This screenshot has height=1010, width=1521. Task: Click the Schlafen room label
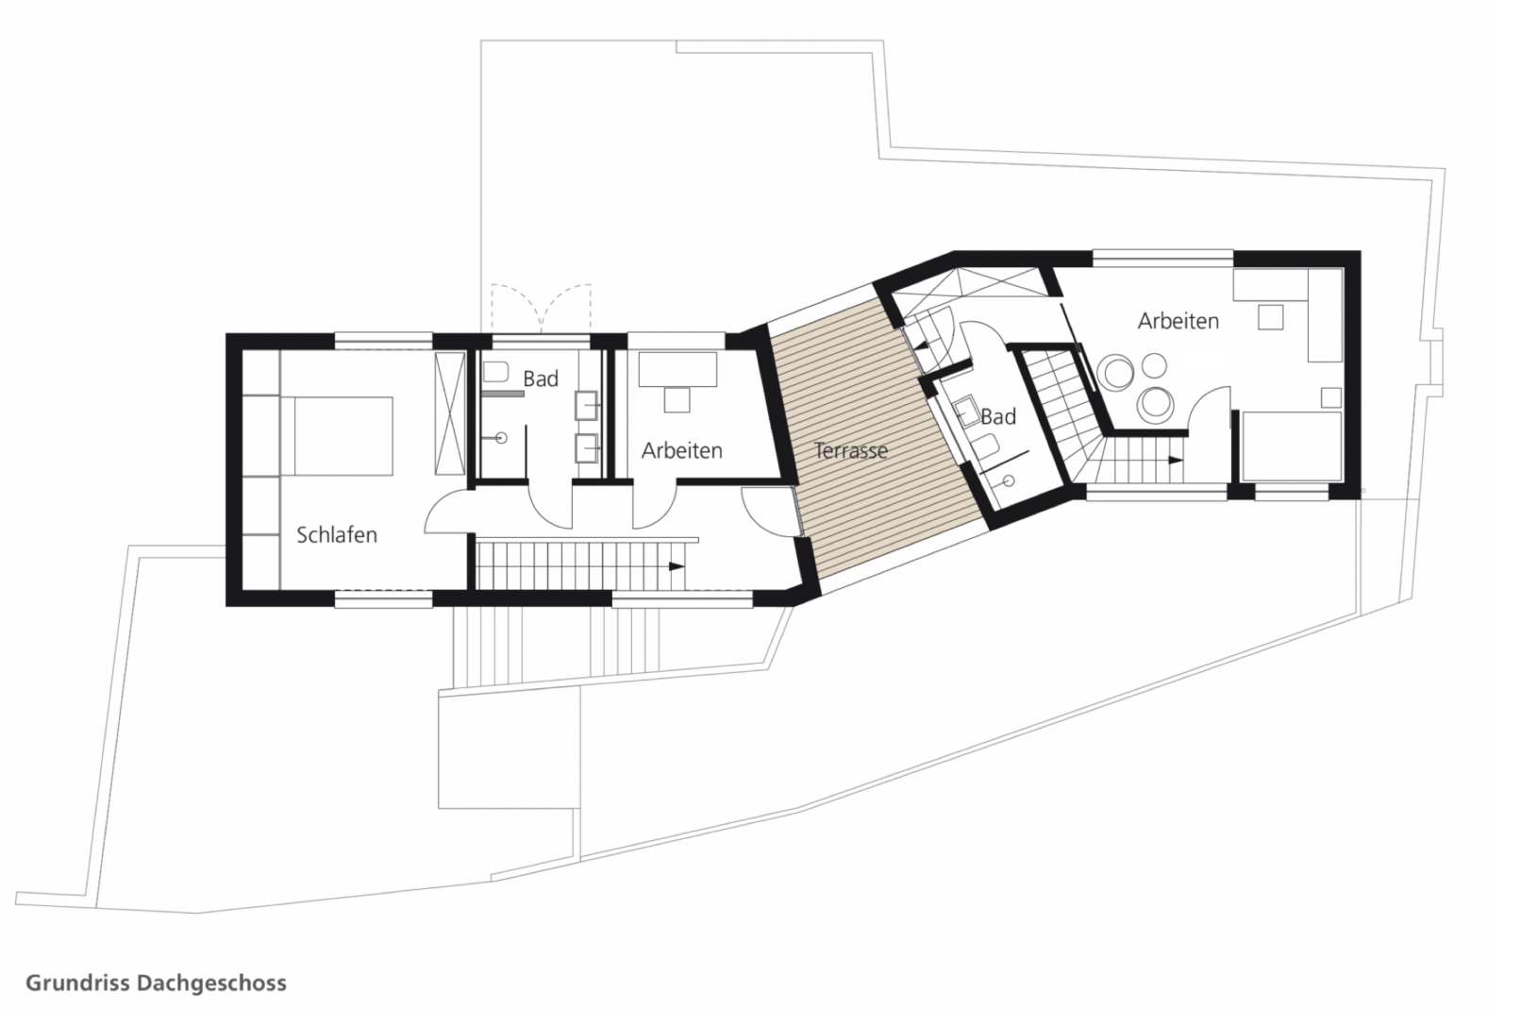(337, 535)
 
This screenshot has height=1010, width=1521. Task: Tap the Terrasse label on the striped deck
(851, 450)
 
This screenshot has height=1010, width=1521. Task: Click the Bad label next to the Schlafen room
(541, 379)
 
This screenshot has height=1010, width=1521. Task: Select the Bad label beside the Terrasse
(998, 416)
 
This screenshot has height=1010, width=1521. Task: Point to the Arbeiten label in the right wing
(1178, 321)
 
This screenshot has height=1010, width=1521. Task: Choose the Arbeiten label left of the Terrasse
(682, 450)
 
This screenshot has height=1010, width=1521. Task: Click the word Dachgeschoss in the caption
(212, 983)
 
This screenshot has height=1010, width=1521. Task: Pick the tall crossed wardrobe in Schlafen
(449, 414)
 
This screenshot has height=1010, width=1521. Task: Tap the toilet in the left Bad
(495, 372)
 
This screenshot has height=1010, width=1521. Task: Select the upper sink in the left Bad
(587, 406)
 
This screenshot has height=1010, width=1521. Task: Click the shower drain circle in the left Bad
(502, 439)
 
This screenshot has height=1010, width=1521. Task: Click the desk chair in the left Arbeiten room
(677, 399)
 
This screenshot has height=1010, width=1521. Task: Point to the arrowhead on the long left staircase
(676, 566)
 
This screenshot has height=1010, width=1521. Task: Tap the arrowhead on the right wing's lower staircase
(1175, 460)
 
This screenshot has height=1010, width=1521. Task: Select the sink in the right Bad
(965, 411)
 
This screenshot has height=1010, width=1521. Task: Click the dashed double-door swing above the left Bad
(542, 309)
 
